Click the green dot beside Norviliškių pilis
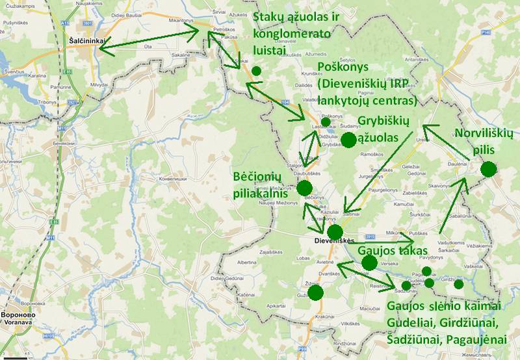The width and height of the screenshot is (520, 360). (488, 170)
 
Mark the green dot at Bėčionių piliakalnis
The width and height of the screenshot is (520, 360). (304, 188)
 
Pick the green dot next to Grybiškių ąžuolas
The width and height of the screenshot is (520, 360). (348, 140)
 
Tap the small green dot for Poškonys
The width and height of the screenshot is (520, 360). (325, 122)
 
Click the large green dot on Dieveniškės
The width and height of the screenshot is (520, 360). (335, 232)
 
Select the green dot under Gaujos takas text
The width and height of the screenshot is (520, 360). (369, 263)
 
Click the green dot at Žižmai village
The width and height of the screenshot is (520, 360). (316, 292)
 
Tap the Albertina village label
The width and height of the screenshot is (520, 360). (246, 262)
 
